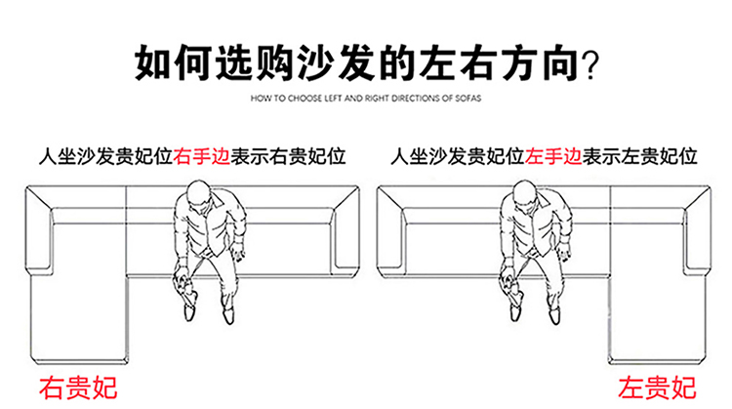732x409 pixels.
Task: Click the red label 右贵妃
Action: (x=77, y=387)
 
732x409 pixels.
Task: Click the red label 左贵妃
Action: (x=657, y=387)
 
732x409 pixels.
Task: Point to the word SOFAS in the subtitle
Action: (x=466, y=99)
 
